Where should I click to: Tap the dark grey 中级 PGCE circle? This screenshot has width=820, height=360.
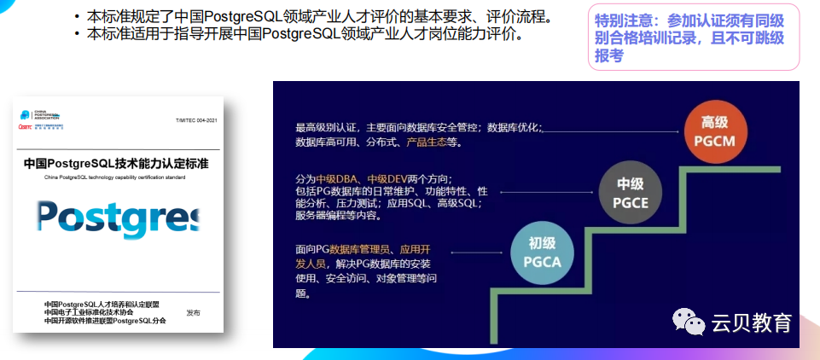pyautogui.click(x=630, y=192)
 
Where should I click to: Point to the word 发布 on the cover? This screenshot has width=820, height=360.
pyautogui.click(x=194, y=313)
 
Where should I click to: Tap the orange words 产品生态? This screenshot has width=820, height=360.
pyautogui.click(x=427, y=142)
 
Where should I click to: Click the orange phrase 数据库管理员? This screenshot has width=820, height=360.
pyautogui.click(x=361, y=249)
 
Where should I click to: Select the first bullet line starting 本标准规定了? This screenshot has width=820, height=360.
pyautogui.click(x=312, y=16)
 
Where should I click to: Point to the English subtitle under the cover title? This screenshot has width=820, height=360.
pyautogui.click(x=114, y=177)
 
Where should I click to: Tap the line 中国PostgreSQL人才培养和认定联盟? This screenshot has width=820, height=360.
pyautogui.click(x=102, y=304)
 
